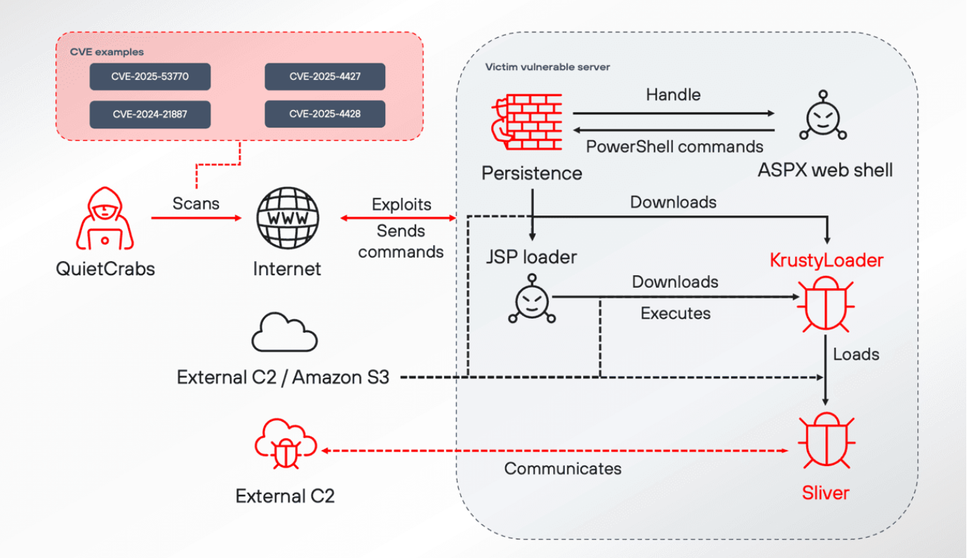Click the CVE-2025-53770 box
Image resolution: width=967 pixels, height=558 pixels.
point(150,77)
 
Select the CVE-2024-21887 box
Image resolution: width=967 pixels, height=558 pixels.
point(150,114)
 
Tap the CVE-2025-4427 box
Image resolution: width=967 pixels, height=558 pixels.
point(325,77)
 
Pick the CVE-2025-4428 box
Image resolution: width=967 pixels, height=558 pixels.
point(325,114)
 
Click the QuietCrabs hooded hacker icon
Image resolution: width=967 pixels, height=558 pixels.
point(103,218)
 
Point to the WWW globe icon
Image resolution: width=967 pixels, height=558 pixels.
point(287,218)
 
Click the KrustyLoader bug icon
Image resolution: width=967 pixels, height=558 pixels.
point(825,305)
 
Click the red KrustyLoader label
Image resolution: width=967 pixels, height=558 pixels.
point(826,261)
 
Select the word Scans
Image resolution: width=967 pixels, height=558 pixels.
point(196,204)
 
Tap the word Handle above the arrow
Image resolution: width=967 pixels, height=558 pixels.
point(673,94)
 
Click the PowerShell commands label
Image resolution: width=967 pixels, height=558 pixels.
point(674,147)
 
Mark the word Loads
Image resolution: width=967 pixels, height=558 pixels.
point(856,354)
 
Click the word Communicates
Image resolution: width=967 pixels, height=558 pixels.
point(563,468)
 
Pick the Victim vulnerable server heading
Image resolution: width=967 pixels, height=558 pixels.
point(547,67)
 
